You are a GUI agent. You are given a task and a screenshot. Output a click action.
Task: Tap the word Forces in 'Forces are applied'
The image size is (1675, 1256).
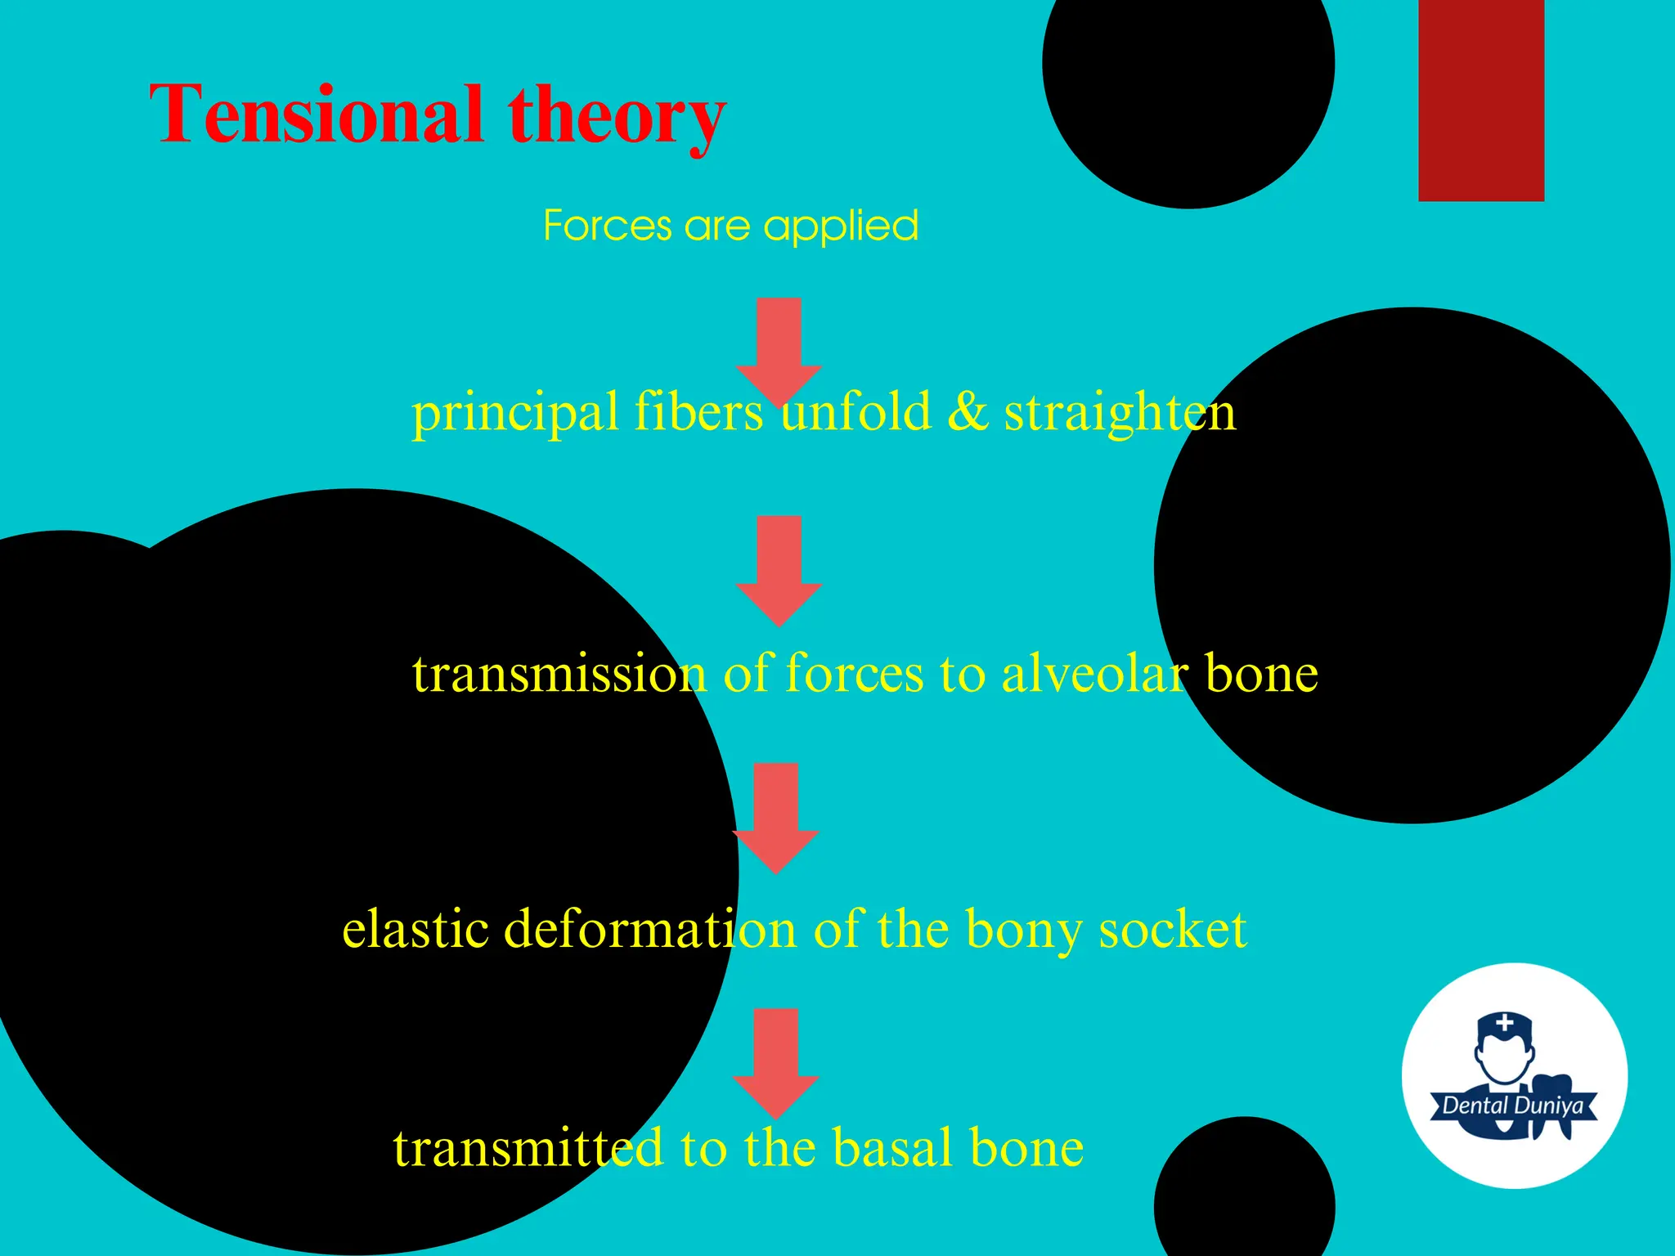608,226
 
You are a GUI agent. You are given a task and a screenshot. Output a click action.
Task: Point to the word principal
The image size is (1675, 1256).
514,412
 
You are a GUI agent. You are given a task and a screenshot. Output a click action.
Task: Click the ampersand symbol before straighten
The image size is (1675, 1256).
968,412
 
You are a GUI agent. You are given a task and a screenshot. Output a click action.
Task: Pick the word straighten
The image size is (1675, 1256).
1120,414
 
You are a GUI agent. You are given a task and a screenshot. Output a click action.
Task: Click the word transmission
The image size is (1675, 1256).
559,674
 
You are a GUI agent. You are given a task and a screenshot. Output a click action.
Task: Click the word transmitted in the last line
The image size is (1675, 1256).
528,1147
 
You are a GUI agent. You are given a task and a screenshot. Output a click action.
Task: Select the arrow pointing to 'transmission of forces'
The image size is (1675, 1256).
779,569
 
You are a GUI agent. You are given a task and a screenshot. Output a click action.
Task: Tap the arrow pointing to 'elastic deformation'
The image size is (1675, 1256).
776,817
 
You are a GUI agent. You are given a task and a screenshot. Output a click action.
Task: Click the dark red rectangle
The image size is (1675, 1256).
1481,100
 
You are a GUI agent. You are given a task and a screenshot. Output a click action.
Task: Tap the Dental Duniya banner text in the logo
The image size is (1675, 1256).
1512,1106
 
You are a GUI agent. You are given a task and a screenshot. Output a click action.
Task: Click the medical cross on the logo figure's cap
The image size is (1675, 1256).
1505,1022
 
